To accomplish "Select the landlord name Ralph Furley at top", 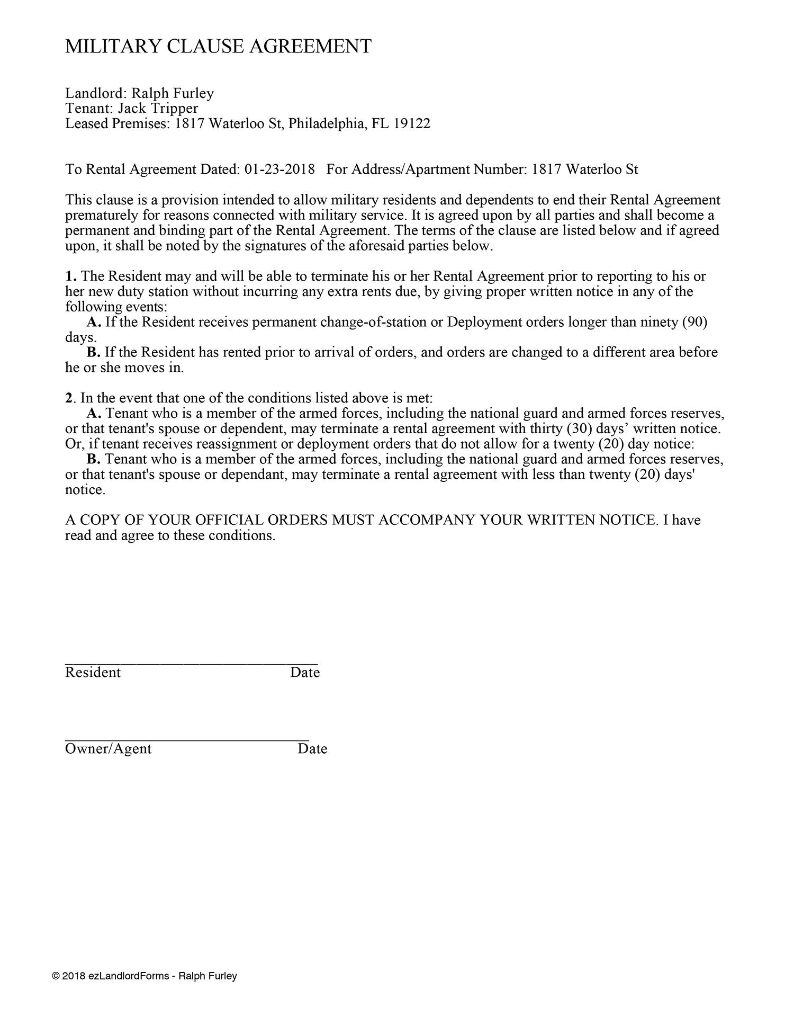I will click(173, 94).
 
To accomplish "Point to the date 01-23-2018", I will click(280, 169).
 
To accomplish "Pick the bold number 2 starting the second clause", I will click(68, 398).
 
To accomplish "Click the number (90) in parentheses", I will click(696, 322).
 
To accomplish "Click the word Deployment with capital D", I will click(479, 322).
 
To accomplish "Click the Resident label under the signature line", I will click(93, 673).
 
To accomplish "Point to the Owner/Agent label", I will click(108, 749).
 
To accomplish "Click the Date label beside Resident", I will click(305, 673).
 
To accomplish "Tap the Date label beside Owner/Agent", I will click(312, 749).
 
